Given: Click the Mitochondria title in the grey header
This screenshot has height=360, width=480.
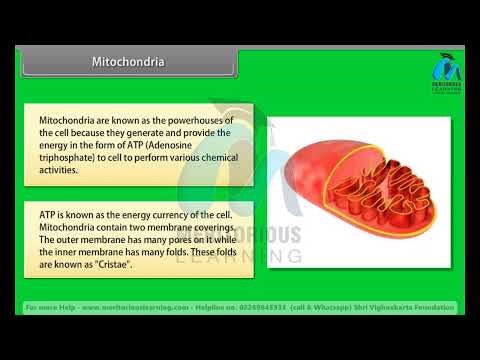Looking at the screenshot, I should (x=128, y=62).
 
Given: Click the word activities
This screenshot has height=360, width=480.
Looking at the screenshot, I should (x=60, y=170).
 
